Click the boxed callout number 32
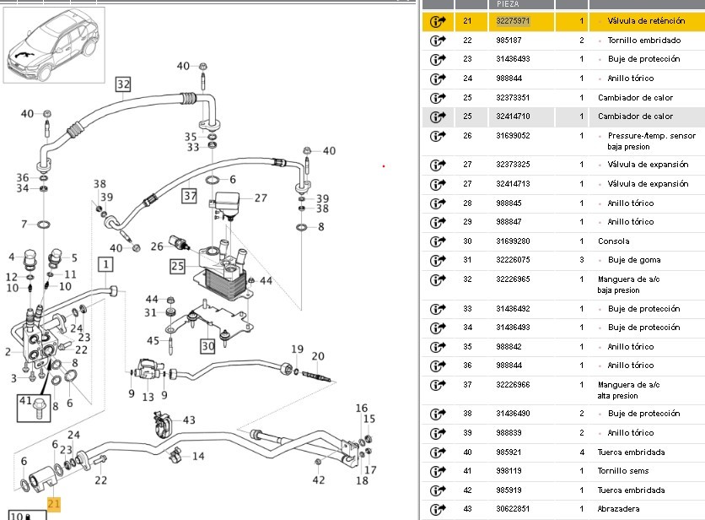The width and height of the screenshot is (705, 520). [x=124, y=84]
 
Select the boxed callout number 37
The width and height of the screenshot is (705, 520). [x=190, y=196]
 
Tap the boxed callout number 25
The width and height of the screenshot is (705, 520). [x=176, y=266]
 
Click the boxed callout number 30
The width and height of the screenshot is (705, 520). [x=207, y=345]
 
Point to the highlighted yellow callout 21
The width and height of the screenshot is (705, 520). [x=54, y=504]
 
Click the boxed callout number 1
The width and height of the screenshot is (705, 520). [x=105, y=265]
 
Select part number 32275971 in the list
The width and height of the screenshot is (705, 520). [x=514, y=20]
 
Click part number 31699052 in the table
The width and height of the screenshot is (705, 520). [x=514, y=135]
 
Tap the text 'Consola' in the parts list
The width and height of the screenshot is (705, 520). [x=614, y=241]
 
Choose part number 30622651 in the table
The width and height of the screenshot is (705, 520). [x=514, y=509]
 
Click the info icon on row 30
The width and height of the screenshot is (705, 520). [x=437, y=241]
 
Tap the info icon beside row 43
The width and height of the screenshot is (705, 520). [x=437, y=509]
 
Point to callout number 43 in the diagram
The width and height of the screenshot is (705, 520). [x=188, y=420]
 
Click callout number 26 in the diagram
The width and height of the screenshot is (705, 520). [x=157, y=246]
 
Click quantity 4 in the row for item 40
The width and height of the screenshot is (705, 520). [x=582, y=452]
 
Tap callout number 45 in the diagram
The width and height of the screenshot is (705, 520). [x=153, y=340]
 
